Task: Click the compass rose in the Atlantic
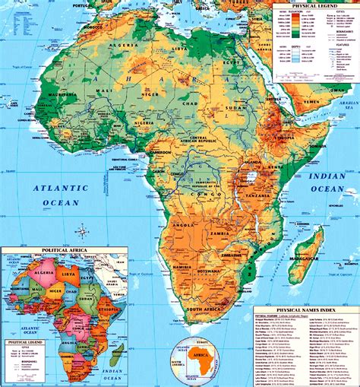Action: pyautogui.click(x=81, y=231)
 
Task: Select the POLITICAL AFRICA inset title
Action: pyautogui.click(x=64, y=250)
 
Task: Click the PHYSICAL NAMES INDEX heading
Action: pyautogui.click(x=306, y=310)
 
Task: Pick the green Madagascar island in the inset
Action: pyautogui.click(x=117, y=354)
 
